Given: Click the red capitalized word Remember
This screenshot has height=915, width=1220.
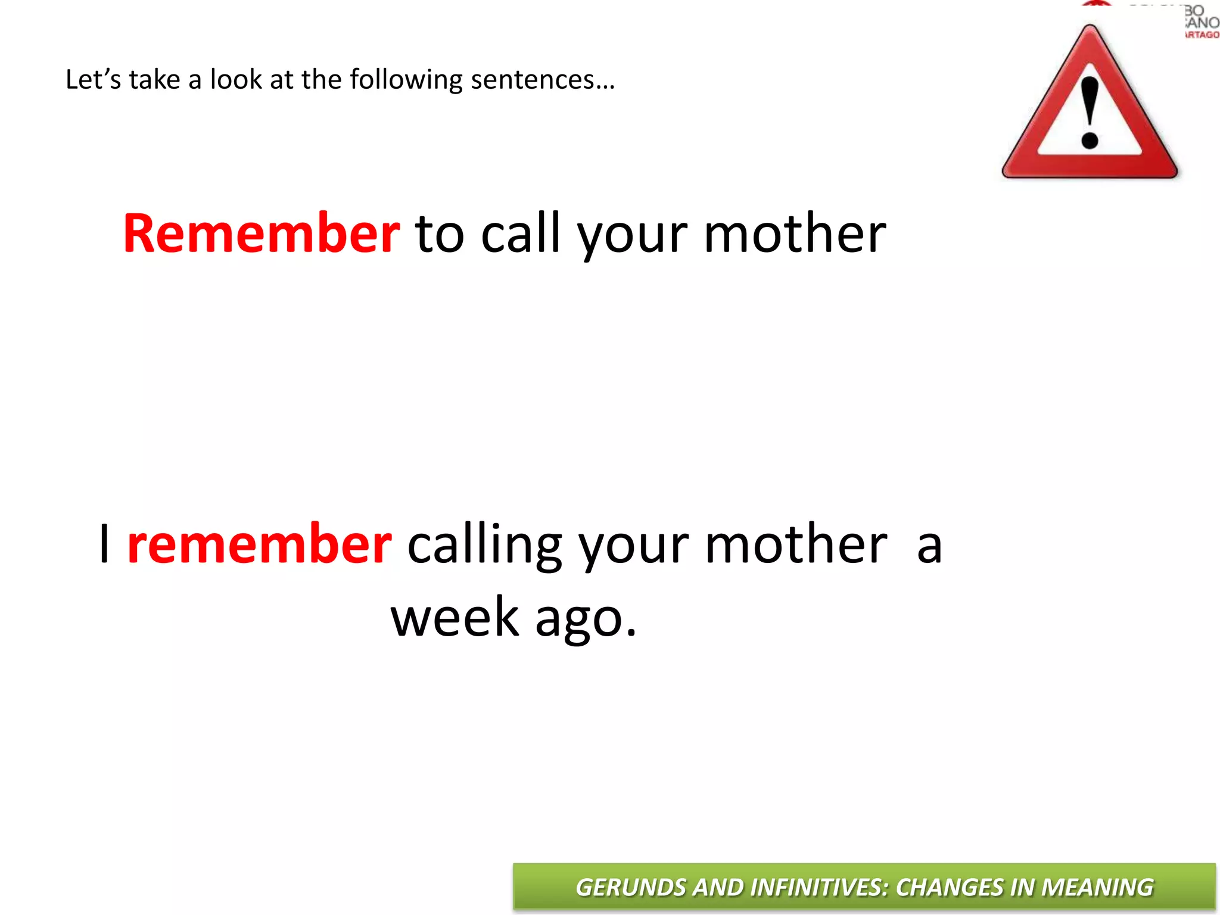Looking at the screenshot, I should point(261,234).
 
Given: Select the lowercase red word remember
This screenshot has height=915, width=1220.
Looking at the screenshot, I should point(259,544).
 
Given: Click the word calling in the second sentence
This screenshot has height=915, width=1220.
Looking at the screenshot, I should point(484,545).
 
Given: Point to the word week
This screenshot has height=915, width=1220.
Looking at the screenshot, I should point(455,618).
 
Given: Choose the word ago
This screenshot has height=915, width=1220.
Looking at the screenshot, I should point(586,620).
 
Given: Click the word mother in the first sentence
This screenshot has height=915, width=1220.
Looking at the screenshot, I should point(795,234).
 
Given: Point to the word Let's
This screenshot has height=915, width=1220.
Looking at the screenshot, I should point(92,79).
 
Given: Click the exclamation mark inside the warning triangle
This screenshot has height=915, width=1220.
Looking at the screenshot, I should point(1090,113).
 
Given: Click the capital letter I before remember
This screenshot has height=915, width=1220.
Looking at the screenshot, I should point(105,544).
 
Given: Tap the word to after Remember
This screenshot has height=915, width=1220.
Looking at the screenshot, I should point(440,234).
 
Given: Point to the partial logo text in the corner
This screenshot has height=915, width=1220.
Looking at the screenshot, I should point(1201,23).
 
